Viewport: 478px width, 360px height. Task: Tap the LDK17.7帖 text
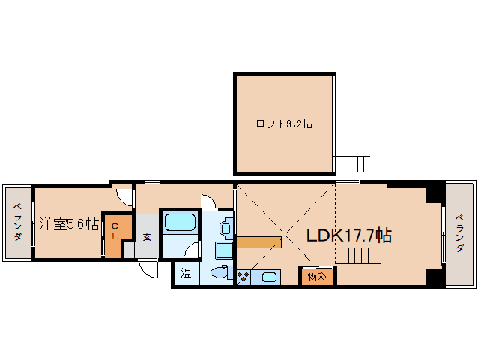point(348,235)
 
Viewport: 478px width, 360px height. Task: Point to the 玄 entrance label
point(146,235)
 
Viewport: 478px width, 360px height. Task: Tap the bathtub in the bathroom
point(180,223)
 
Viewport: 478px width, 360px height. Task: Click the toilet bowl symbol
point(220,273)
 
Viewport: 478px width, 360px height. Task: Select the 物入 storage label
point(317,277)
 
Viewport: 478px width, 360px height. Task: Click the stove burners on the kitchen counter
point(244,277)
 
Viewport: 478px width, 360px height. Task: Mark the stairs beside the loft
point(351,163)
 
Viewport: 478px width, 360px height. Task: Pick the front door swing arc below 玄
point(148,268)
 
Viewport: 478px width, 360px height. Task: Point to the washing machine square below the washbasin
point(223,250)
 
